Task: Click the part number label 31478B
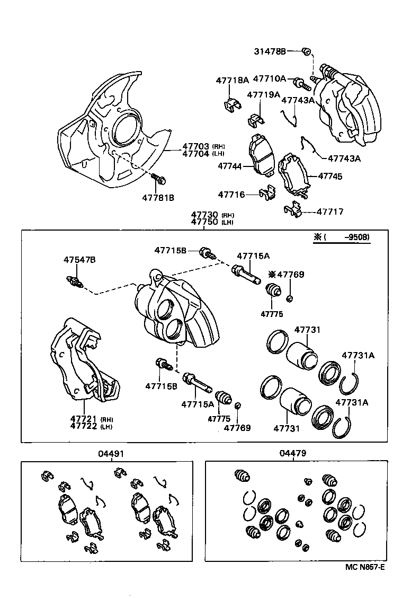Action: pos(270,51)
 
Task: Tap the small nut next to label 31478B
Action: pos(306,51)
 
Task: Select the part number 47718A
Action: pos(232,80)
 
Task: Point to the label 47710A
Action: pos(269,78)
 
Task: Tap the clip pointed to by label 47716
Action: pos(267,194)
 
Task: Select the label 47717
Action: pos(330,212)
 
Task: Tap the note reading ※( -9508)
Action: pos(342,238)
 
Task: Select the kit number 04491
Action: pos(112,454)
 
